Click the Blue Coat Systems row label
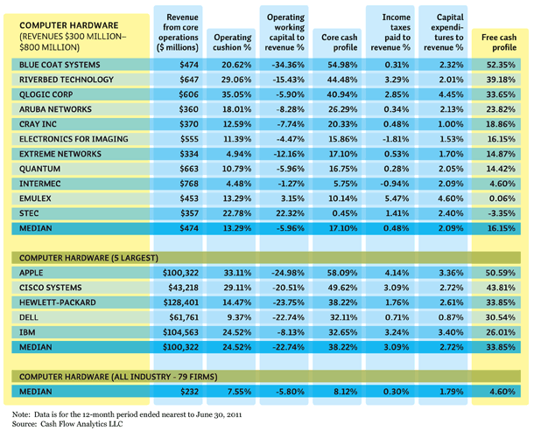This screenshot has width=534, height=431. pyautogui.click(x=60, y=65)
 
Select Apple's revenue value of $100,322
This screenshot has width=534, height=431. pyautogui.click(x=180, y=273)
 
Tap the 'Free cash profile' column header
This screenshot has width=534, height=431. pyautogui.click(x=499, y=42)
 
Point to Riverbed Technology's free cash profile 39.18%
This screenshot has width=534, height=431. pyautogui.click(x=501, y=80)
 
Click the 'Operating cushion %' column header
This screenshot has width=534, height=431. pyautogui.click(x=232, y=42)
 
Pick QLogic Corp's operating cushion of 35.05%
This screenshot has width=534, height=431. pyautogui.click(x=236, y=94)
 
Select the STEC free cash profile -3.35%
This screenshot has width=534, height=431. pyautogui.click(x=501, y=213)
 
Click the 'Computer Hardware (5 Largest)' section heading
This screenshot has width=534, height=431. pyautogui.click(x=88, y=258)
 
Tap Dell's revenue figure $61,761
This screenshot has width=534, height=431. pyautogui.click(x=184, y=317)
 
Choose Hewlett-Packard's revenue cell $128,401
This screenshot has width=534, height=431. pyautogui.click(x=180, y=302)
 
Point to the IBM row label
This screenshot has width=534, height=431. pyautogui.click(x=27, y=332)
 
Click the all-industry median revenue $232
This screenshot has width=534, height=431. pyautogui.click(x=189, y=392)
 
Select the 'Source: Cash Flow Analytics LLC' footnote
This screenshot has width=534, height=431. pyautogui.click(x=67, y=424)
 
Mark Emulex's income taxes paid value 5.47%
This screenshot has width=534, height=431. pyautogui.click(x=397, y=198)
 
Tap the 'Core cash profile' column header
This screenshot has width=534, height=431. pyautogui.click(x=339, y=42)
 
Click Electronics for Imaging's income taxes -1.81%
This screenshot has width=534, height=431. pyautogui.click(x=395, y=139)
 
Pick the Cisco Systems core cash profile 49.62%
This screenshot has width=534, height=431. pyautogui.click(x=342, y=288)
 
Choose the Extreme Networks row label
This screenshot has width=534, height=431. pyautogui.click(x=60, y=154)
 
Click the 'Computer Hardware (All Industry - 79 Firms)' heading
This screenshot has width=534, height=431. pyautogui.click(x=118, y=377)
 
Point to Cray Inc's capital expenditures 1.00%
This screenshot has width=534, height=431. pyautogui.click(x=450, y=124)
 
